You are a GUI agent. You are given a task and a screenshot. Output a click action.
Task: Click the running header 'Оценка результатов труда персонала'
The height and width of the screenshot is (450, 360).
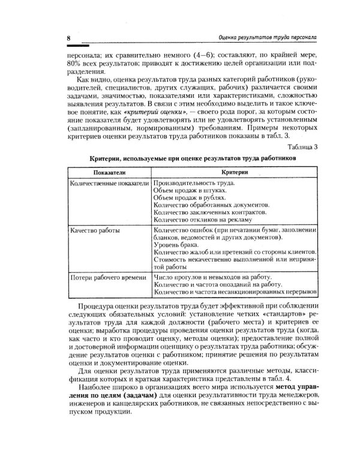tap(267, 37)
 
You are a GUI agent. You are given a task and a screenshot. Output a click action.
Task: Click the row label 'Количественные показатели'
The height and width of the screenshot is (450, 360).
tap(106, 182)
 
